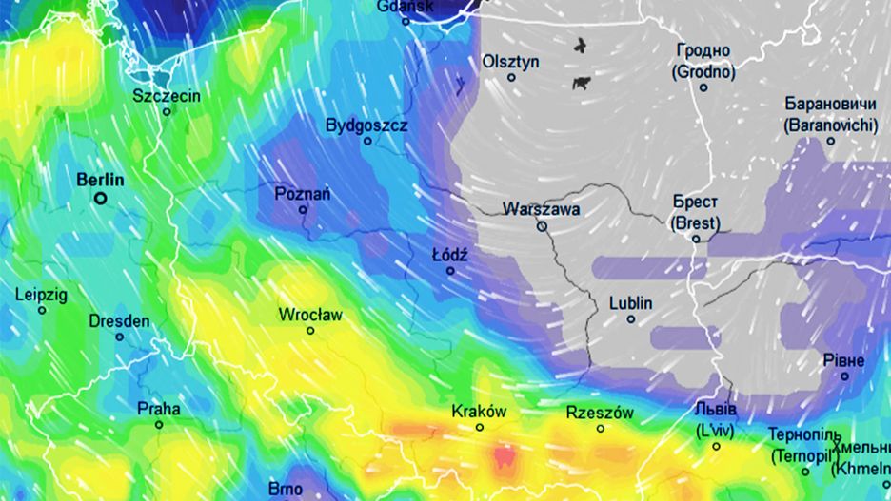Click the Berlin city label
pos(100,179)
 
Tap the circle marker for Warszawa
pos(542,227)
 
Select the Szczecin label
pos(167,95)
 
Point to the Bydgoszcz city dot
pos(367,142)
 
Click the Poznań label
pos(303,193)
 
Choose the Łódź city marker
pos(450,271)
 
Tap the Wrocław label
pos(310,314)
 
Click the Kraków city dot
pos(480,428)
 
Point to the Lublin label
pos(631,303)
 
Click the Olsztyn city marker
pos(511,78)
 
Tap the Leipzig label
pos(42,295)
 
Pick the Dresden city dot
pos(120,337)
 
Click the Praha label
pos(159,409)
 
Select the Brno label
pos(286,489)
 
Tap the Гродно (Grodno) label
pos(703,61)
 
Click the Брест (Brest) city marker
pos(696,239)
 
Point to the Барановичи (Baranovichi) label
pos(830,114)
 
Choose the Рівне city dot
pos(844,376)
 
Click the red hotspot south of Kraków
pos(505,457)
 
